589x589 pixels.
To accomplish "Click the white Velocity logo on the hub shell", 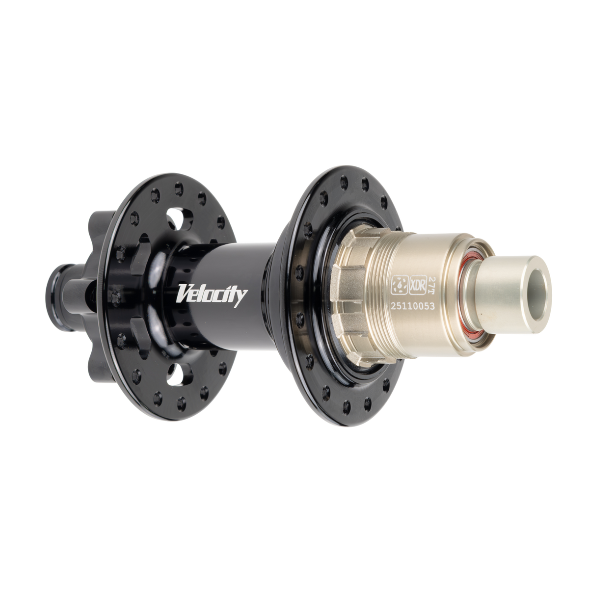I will (x=212, y=294).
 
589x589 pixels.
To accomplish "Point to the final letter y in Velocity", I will (x=242, y=296).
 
